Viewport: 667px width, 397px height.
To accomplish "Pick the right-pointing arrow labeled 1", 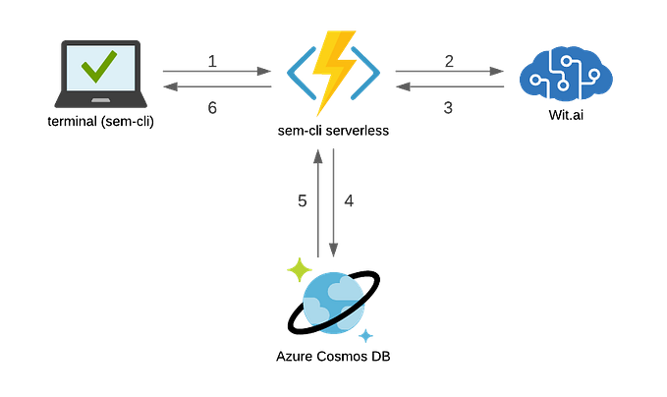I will (x=216, y=71).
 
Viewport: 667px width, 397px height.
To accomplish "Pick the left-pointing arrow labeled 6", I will (x=216, y=87).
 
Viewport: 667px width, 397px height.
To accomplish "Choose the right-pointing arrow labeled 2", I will (x=450, y=71).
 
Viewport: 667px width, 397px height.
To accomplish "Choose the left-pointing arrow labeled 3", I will (x=450, y=87).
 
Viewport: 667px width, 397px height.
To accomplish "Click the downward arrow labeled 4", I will (x=334, y=201).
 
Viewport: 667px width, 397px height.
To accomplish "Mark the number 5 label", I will (x=303, y=201).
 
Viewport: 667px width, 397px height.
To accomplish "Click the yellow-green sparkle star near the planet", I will (x=298, y=267).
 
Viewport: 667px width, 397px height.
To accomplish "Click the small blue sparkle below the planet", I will (x=366, y=336).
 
